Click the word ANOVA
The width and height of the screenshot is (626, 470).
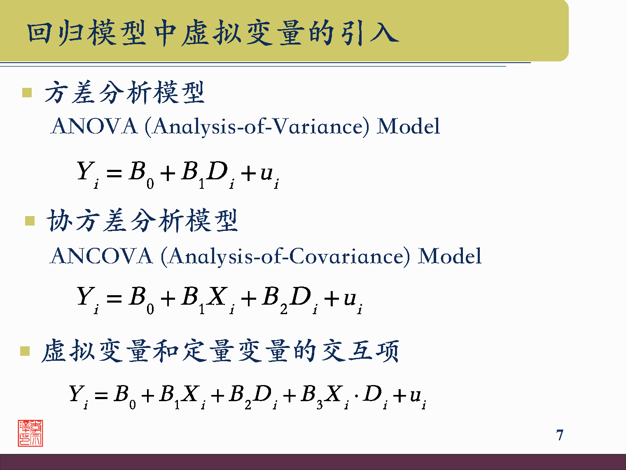click(94, 126)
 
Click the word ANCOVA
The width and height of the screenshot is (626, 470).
click(101, 256)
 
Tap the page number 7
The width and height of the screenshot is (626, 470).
click(559, 435)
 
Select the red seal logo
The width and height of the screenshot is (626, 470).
click(30, 433)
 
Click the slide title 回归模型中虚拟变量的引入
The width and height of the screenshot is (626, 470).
click(213, 33)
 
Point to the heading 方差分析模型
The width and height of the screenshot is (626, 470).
click(124, 92)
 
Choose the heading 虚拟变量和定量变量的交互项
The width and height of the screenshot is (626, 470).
click(220, 351)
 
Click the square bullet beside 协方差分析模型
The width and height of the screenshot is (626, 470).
click(30, 221)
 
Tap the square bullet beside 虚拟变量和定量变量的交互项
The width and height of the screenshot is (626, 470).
click(25, 351)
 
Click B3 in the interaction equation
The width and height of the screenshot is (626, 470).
click(311, 396)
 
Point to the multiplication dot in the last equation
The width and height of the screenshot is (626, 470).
click(356, 396)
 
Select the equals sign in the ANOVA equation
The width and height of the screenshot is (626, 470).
click(114, 173)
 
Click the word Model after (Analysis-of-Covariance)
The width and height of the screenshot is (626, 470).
click(449, 256)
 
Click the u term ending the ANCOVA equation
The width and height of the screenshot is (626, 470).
click(352, 299)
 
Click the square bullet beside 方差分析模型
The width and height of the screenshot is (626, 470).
click(27, 92)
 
